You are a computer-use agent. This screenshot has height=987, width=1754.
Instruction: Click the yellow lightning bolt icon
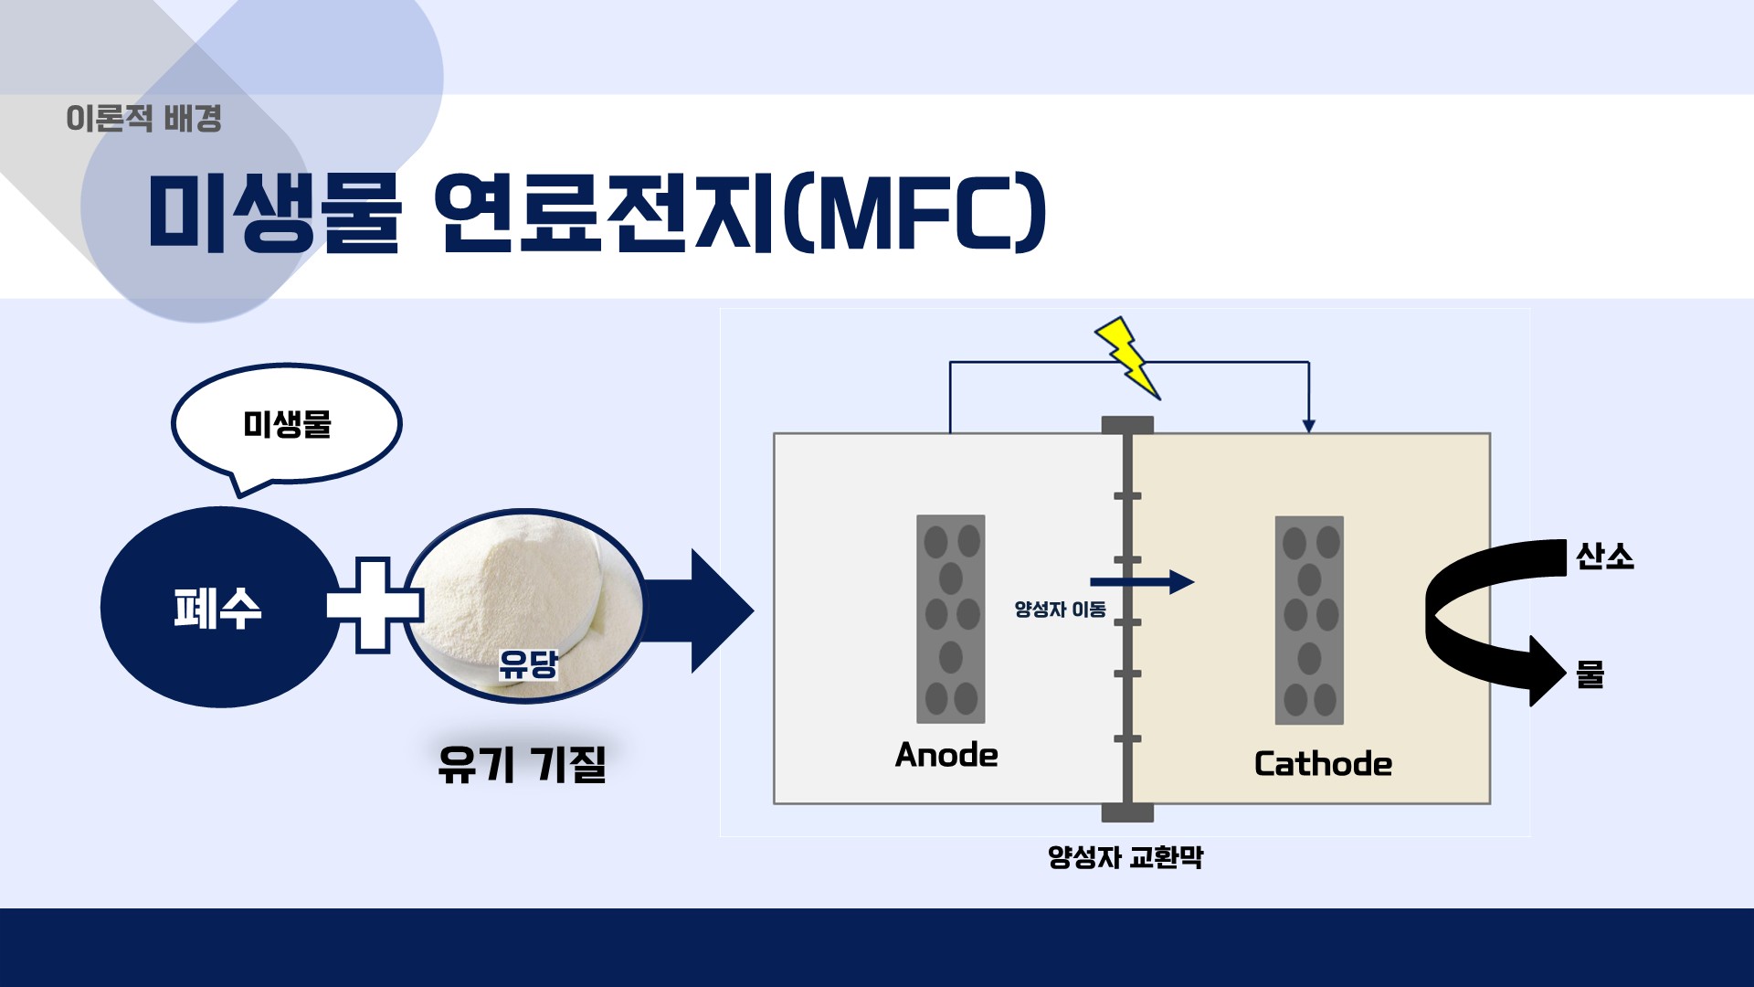[1127, 357]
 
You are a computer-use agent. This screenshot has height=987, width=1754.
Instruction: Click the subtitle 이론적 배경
[143, 119]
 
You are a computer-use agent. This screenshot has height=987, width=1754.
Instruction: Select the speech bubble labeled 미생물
[287, 424]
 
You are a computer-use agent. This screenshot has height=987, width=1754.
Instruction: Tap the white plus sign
[373, 605]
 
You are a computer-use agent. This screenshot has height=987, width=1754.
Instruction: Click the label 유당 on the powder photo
[527, 664]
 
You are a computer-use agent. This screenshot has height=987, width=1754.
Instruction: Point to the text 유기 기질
[522, 764]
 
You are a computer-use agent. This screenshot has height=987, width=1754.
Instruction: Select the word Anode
[946, 755]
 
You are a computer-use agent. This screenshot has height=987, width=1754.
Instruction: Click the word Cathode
[1322, 764]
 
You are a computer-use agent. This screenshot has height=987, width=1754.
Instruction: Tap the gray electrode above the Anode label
[951, 619]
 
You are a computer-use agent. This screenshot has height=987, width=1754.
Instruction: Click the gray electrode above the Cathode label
[1309, 620]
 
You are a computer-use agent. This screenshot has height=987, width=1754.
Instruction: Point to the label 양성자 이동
[1060, 610]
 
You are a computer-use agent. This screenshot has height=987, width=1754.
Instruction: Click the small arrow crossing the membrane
[1142, 581]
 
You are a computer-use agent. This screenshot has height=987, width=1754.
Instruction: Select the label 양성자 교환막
[1125, 857]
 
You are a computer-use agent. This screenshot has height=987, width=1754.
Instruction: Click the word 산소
[1604, 557]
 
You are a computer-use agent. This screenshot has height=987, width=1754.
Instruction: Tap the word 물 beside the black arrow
[1590, 674]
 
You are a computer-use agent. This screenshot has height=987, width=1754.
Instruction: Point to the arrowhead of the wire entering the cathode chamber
[1308, 425]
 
